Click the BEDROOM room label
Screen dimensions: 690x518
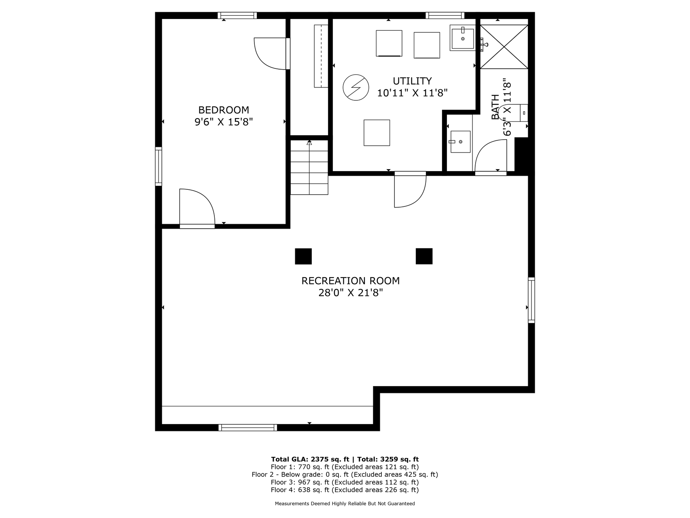click(x=223, y=110)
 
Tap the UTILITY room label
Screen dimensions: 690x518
click(x=412, y=81)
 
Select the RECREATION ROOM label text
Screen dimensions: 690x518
click(x=350, y=281)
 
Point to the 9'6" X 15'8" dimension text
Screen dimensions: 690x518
click(x=223, y=122)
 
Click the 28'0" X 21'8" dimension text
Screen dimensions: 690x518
click(x=350, y=293)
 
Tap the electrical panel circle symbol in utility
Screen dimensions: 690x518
click(x=356, y=87)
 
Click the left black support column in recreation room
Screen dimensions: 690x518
click(x=303, y=256)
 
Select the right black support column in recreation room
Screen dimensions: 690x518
click(x=424, y=256)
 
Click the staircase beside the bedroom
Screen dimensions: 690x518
click(x=309, y=167)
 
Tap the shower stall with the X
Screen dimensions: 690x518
click(x=504, y=47)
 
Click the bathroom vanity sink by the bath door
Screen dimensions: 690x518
click(x=460, y=142)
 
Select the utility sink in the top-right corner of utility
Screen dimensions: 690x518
click(x=463, y=38)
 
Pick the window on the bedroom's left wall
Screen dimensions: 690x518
click(x=159, y=166)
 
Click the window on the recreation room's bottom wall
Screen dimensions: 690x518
click(x=248, y=427)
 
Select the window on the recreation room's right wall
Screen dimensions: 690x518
click(x=531, y=300)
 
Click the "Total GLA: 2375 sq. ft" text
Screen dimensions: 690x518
click(x=310, y=459)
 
